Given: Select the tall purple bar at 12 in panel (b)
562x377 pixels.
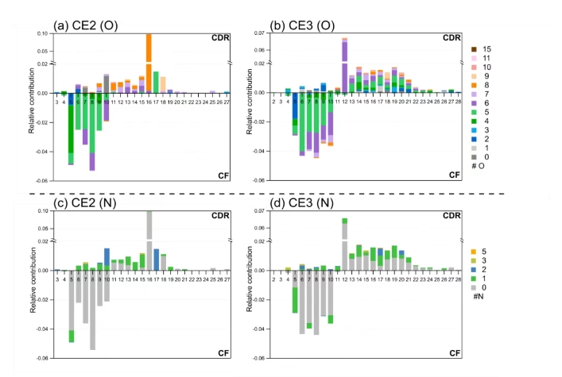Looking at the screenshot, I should pos(345,62).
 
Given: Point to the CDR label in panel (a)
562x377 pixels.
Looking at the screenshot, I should pos(219,37).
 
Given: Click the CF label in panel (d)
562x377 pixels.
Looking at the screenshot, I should pos(454,352).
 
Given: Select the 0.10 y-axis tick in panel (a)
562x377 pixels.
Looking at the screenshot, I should pos(43,34).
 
